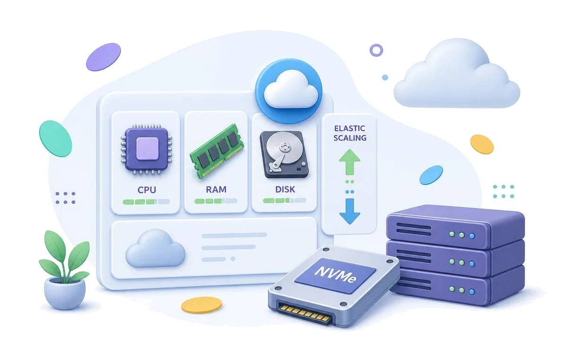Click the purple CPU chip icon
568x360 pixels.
(x=147, y=149)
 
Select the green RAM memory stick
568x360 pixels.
(x=217, y=151)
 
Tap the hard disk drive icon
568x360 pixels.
(x=284, y=154)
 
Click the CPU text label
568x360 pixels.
(x=147, y=190)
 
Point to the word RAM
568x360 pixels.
(x=216, y=189)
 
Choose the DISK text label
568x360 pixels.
(x=285, y=189)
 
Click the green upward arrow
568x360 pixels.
(x=350, y=162)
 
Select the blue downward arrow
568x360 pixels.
(x=350, y=211)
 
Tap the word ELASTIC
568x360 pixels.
(x=350, y=128)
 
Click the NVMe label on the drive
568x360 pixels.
(x=335, y=275)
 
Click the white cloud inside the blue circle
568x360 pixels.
(x=291, y=89)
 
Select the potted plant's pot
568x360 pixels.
(x=65, y=293)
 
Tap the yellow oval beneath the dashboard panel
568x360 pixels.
(x=201, y=305)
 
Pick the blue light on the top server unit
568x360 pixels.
(x=472, y=236)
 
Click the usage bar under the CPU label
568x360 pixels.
(x=146, y=202)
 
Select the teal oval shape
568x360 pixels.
(x=55, y=138)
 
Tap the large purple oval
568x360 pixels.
(x=104, y=57)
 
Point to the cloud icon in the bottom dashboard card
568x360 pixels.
(x=155, y=248)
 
